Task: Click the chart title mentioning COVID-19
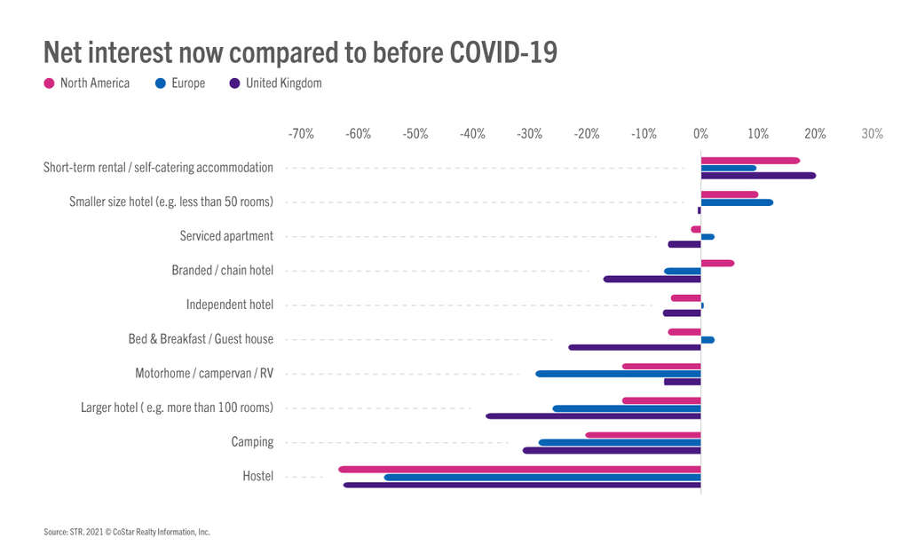[300, 51]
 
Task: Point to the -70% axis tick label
[301, 134]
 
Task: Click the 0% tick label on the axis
[700, 134]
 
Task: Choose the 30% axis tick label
[872, 134]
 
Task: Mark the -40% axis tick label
[472, 134]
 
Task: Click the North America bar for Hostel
[519, 469]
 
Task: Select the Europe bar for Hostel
[542, 477]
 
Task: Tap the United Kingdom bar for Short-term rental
[758, 176]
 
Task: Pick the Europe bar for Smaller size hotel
[737, 202]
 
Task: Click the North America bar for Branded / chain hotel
[717, 263]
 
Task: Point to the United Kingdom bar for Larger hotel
[593, 415]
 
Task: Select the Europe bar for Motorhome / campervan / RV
[618, 374]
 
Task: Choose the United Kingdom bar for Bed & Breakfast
[634, 347]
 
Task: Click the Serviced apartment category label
[226, 236]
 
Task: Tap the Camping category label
[252, 442]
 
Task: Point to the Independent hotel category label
[229, 305]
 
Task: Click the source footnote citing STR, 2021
[126, 532]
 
